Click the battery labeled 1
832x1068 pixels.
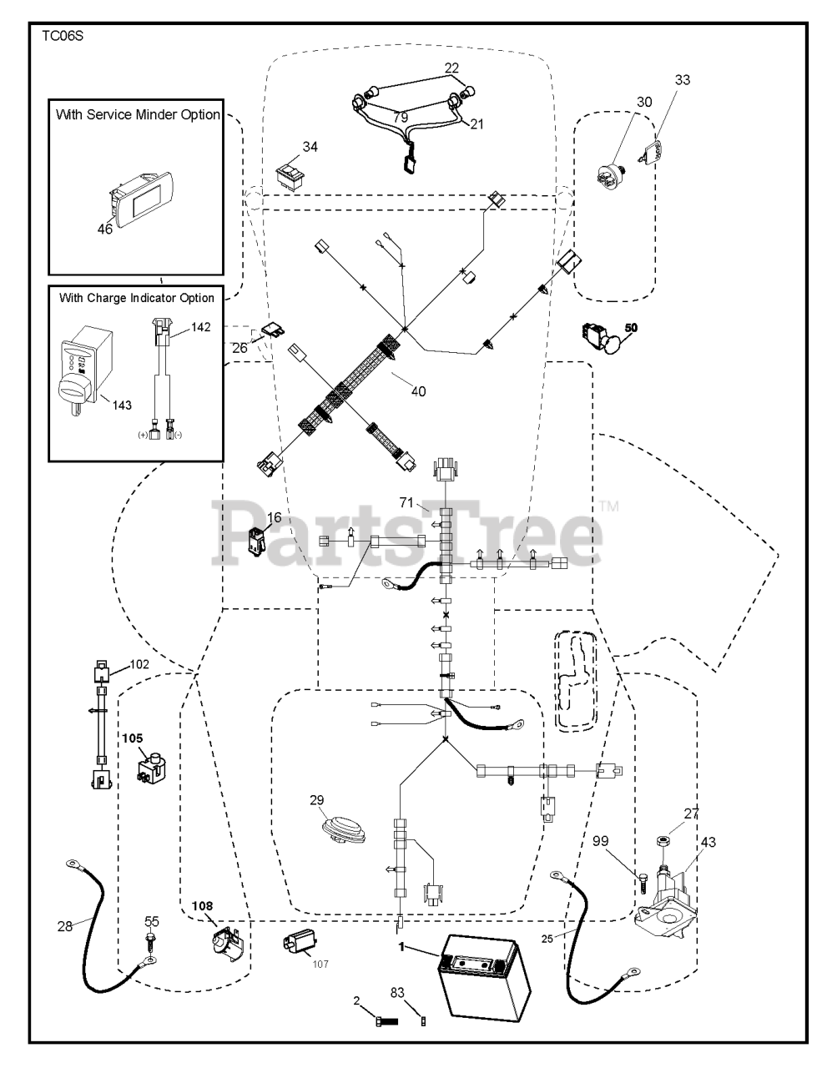click(483, 975)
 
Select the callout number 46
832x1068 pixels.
click(104, 229)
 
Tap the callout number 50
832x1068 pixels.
click(631, 329)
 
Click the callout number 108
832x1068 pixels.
click(204, 904)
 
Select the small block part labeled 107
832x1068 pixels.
click(301, 945)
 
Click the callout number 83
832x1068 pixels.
click(397, 993)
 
